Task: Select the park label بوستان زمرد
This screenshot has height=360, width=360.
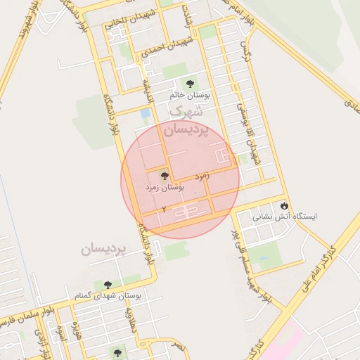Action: (x=164, y=188)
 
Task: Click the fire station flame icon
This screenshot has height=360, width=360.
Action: (x=283, y=206)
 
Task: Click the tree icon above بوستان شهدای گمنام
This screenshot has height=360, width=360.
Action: (x=108, y=285)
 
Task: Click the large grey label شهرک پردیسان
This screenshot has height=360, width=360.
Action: (x=186, y=121)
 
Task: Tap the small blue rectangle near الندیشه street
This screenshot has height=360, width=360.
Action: (x=146, y=113)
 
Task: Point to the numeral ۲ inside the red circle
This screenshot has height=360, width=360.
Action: (x=164, y=210)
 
